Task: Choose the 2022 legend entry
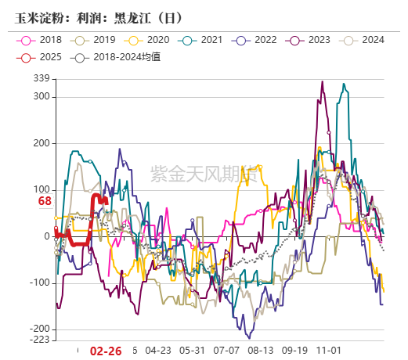(x=256, y=40)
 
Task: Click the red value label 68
(x=45, y=202)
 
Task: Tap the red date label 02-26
(x=107, y=351)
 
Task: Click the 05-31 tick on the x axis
(x=191, y=351)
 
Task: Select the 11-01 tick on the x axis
(x=328, y=351)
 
